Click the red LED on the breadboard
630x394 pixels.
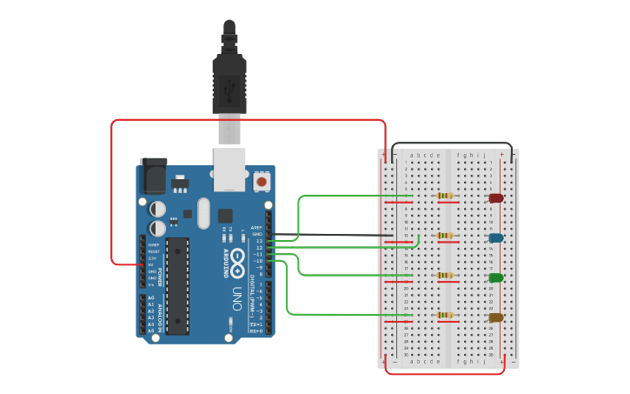(x=496, y=198)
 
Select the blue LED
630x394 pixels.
(x=496, y=237)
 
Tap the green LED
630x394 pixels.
(x=496, y=277)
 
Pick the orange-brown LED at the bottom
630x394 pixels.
(x=496, y=317)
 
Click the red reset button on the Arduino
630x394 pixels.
(x=261, y=183)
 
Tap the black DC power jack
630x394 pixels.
(x=154, y=177)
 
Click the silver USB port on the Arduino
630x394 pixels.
(x=229, y=170)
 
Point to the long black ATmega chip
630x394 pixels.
(x=177, y=285)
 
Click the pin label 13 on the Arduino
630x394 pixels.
(x=259, y=241)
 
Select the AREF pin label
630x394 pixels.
(x=256, y=227)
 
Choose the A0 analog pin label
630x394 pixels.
(x=151, y=298)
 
